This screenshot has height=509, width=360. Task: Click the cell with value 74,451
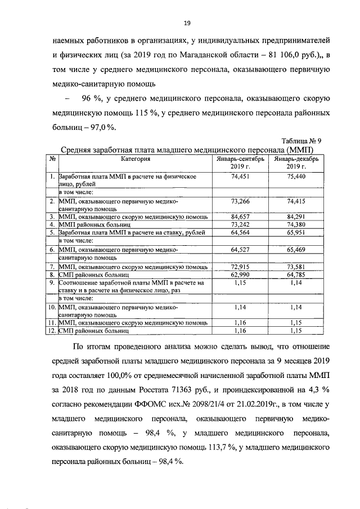[240, 177]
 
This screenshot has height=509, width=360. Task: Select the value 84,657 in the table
[240, 215]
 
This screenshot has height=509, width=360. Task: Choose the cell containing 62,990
[240, 274]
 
